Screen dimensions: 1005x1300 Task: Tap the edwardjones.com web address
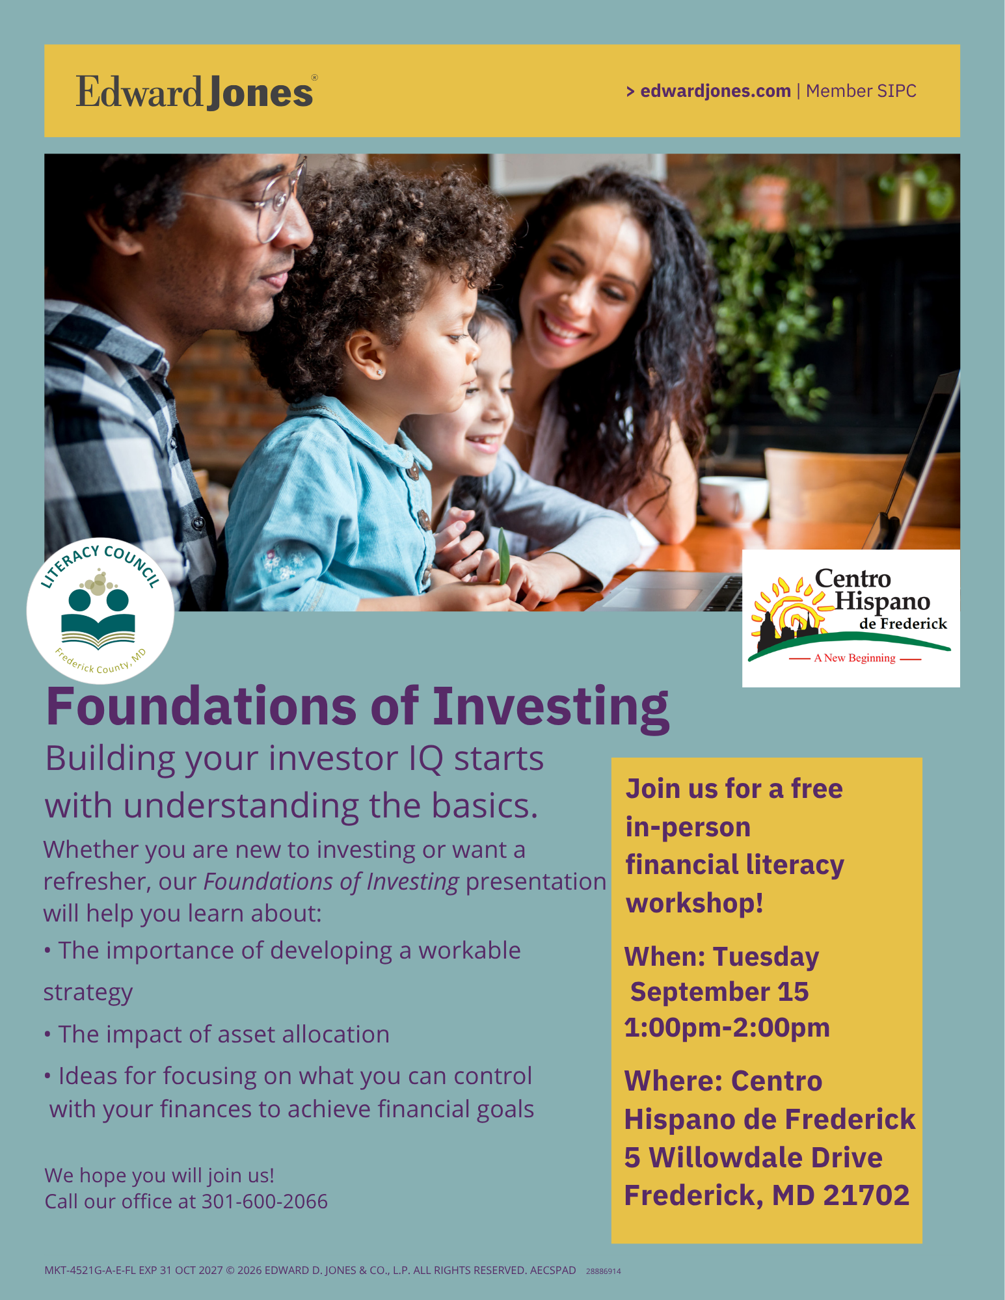coord(716,91)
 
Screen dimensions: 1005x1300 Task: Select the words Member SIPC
coord(861,91)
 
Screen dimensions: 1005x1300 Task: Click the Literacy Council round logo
coord(100,611)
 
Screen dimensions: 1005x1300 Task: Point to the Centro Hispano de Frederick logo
coord(851,618)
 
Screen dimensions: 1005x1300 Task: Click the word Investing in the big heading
coord(550,708)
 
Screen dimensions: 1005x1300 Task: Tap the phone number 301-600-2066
coord(265,1201)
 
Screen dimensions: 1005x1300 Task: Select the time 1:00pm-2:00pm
coord(727,1028)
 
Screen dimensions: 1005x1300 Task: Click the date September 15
coord(719,992)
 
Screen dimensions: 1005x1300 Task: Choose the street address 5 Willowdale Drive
coord(753,1158)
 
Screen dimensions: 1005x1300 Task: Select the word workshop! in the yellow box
coord(695,903)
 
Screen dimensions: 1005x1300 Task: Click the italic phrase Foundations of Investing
coord(331,882)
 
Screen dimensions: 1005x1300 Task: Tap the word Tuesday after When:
coord(766,957)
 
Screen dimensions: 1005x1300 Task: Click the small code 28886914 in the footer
coord(604,1271)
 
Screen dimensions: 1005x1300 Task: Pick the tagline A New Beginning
coord(855,658)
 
